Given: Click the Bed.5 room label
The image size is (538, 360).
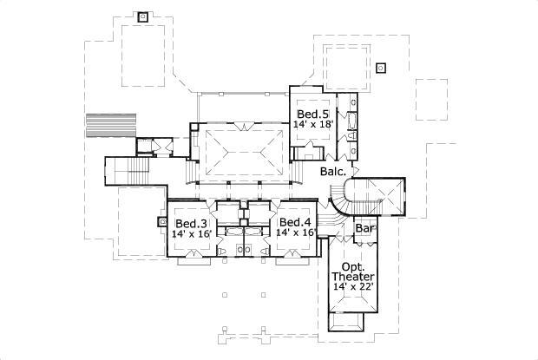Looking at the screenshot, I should [312, 114].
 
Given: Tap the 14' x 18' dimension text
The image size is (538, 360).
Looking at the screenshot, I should [312, 125].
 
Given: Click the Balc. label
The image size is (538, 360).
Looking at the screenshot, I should [333, 172].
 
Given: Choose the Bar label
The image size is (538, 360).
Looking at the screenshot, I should [364, 229].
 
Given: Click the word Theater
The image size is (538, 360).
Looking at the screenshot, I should [353, 277].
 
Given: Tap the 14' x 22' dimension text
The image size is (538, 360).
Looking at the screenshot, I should [353, 288].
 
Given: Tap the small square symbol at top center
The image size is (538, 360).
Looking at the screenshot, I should [143, 16].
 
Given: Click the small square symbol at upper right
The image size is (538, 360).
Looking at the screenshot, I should [380, 66].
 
